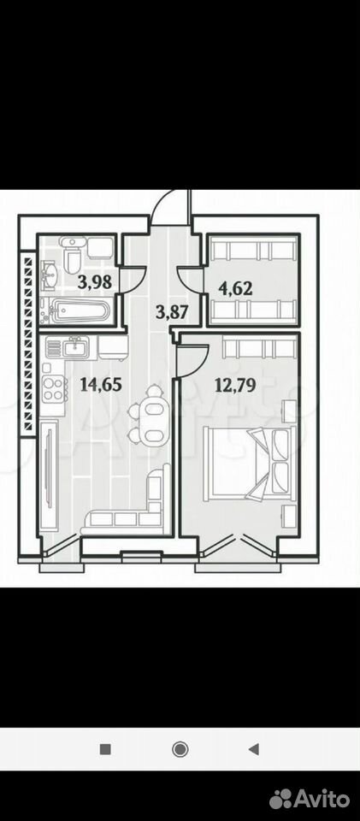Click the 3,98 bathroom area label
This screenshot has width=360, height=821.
pyautogui.click(x=95, y=283)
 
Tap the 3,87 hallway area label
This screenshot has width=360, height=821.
pyautogui.click(x=173, y=313)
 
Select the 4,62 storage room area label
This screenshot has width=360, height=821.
pyautogui.click(x=235, y=287)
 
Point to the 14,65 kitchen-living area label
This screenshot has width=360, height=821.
pyautogui.click(x=101, y=385)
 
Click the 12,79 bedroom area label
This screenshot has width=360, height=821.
pyautogui.click(x=235, y=386)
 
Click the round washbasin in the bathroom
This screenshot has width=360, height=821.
pyautogui.click(x=52, y=275)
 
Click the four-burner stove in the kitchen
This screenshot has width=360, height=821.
pyautogui.click(x=54, y=388)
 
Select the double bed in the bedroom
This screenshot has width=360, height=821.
pyautogui.click(x=250, y=460)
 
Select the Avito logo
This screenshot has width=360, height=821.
pyautogui.click(x=310, y=799)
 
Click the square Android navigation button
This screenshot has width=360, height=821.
pyautogui.click(x=105, y=749)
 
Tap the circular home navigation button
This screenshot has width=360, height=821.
pyautogui.click(x=180, y=749)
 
